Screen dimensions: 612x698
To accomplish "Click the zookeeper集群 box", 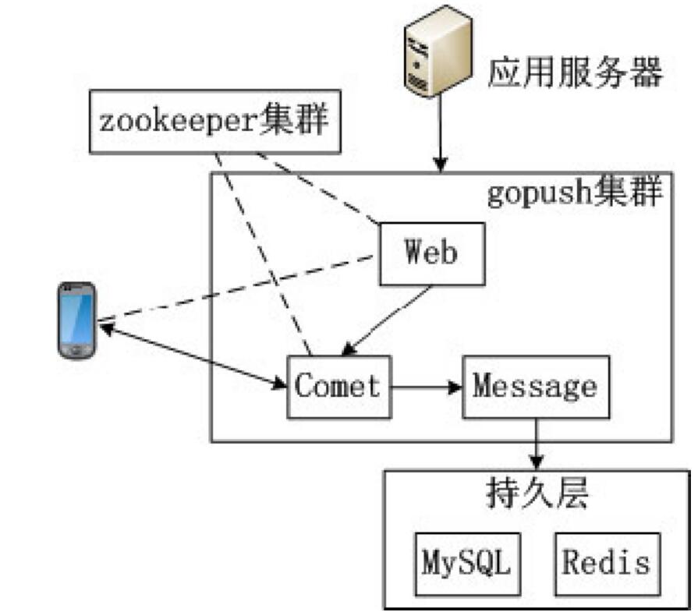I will coord(215,122).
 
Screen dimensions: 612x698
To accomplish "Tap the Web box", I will coord(431,253).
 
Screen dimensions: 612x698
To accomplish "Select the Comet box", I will coord(339,387).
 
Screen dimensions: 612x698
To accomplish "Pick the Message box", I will coord(536,387).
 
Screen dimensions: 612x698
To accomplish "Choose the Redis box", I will coord(607,563).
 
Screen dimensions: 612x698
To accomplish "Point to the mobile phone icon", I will coord(77,320).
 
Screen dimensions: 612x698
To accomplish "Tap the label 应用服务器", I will coord(575,73).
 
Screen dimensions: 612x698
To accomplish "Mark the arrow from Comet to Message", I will coord(427,387).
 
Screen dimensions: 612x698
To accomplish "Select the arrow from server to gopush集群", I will coord(441,133).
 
